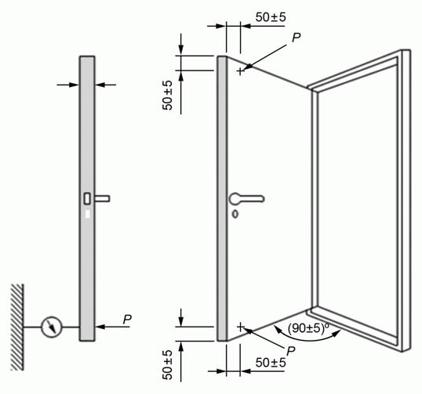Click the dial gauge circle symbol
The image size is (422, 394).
tap(51, 327)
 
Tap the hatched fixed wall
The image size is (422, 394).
tap(17, 327)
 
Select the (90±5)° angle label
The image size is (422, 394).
tap(309, 328)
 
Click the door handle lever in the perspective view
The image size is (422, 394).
tap(246, 199)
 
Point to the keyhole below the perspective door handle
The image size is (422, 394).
tap(235, 214)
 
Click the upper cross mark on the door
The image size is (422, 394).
tap(240, 71)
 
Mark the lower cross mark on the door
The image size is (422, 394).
tap(240, 327)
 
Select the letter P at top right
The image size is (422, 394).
tap(296, 38)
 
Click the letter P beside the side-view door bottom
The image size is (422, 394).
tap(127, 320)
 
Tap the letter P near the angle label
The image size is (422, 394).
tap(291, 351)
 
